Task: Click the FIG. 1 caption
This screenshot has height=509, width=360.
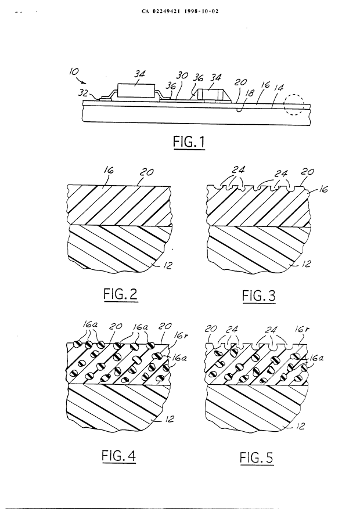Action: pos(189,142)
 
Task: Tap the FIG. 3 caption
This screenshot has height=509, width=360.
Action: pos(258,297)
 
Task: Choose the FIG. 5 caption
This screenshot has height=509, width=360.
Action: pos(257,457)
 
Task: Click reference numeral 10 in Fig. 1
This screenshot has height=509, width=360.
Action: pos(74,73)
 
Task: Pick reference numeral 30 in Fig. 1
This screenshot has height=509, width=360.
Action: pos(182,75)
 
